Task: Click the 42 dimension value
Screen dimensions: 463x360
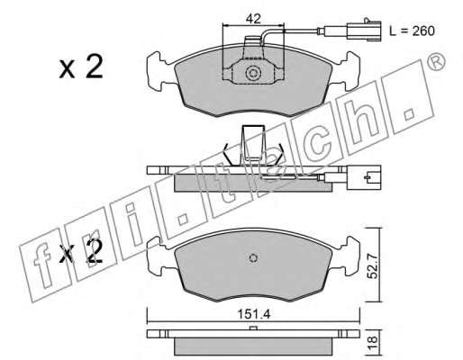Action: click(253, 19)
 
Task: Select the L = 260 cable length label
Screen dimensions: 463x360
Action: click(412, 31)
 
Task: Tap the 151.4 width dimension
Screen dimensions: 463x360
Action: click(254, 314)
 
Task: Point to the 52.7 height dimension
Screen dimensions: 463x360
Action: click(373, 265)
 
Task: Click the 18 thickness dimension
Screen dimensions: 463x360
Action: click(372, 341)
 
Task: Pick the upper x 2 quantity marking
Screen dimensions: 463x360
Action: click(81, 67)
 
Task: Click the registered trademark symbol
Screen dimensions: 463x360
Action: click(436, 62)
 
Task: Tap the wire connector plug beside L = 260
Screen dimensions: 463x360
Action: click(364, 30)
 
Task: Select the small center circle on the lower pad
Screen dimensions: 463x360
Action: click(254, 258)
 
